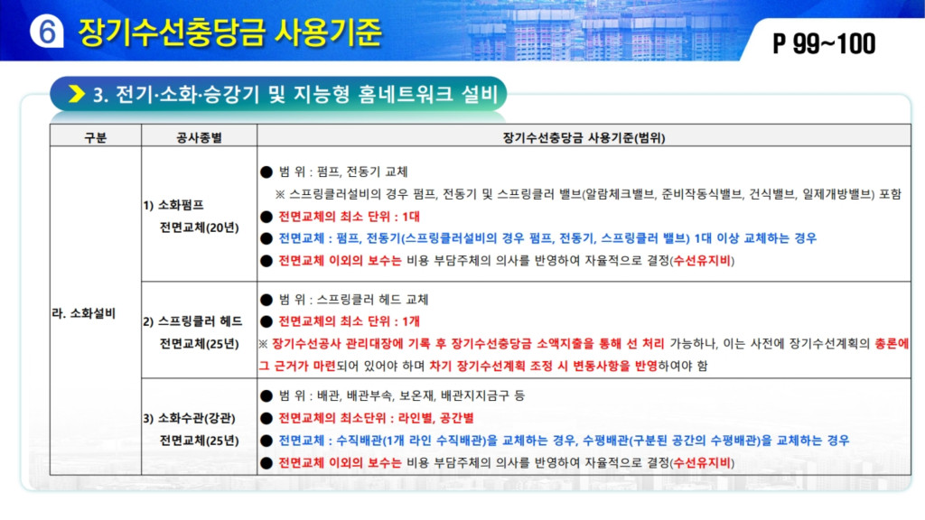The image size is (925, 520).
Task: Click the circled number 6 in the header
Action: [x=47, y=32]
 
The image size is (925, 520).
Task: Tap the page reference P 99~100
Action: [x=824, y=43]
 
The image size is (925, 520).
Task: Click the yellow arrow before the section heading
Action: [x=77, y=94]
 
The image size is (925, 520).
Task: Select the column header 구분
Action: [x=96, y=137]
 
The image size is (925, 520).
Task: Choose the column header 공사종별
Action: [x=199, y=137]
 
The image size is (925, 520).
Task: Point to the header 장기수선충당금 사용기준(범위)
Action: [x=584, y=137]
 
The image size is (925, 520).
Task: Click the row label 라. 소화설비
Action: [x=83, y=313]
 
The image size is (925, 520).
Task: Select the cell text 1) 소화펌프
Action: [x=173, y=205]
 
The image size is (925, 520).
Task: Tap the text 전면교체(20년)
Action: [x=200, y=227]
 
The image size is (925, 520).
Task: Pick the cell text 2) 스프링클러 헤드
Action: [x=192, y=321]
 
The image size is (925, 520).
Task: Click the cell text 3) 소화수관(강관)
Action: [x=190, y=419]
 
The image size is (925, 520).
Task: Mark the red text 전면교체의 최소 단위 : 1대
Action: [x=350, y=217]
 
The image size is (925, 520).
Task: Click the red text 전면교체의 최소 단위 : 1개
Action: [x=350, y=321]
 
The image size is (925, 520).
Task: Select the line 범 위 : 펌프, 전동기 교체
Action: [x=343, y=172]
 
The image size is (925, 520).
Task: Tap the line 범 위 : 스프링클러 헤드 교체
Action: [x=353, y=300]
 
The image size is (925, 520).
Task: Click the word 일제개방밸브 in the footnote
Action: [x=837, y=194]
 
